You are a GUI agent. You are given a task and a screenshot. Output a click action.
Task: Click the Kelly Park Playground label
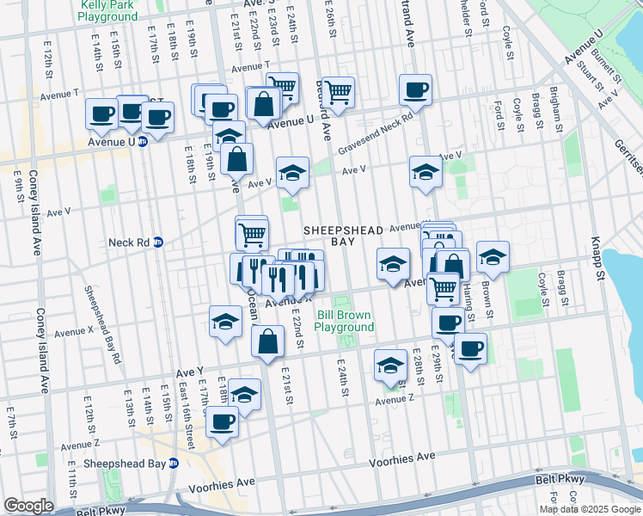pos(107,10)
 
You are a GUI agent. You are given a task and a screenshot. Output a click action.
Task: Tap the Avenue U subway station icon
pos(143,142)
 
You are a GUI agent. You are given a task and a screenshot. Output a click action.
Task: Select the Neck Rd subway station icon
pos(158,243)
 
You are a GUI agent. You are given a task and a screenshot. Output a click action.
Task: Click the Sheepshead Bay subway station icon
pos(173,463)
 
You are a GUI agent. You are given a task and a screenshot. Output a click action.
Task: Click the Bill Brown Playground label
pos(345,321)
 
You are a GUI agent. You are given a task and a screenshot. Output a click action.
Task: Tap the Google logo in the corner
pos(28,506)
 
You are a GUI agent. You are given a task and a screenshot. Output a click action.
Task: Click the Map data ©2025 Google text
pos(590,509)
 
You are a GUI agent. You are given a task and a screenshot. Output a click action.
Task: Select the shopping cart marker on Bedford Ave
pos(338,90)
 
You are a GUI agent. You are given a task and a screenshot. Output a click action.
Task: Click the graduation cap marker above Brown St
pos(493,255)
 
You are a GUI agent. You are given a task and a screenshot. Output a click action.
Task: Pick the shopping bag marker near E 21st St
pos(268,341)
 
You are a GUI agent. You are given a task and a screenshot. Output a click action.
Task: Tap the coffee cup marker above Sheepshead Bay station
pos(223,422)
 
